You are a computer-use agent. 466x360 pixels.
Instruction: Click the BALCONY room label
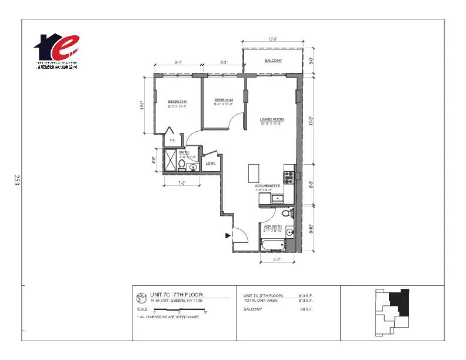coord(272,61)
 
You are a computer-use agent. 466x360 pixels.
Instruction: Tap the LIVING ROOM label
coord(272,119)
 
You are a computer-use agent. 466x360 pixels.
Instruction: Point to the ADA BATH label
coord(272,226)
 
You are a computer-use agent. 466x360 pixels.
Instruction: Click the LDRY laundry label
coord(211,164)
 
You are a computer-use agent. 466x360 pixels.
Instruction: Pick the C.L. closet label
coord(172,140)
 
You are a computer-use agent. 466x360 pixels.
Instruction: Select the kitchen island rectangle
coord(254,173)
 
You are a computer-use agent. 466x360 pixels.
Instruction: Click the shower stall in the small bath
coord(171,161)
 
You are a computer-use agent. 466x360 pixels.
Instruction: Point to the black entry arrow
coord(228,236)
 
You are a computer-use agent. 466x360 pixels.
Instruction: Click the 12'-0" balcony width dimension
coord(272,39)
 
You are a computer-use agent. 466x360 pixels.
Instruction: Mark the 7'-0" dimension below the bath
coord(182,183)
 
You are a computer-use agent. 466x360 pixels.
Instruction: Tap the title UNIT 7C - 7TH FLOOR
coord(177,294)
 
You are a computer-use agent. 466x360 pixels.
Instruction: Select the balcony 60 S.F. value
coord(307,309)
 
